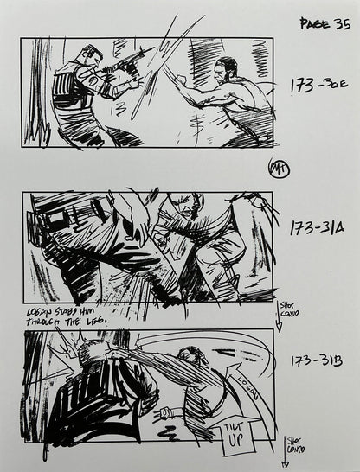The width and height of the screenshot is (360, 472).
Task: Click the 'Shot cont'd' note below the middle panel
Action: (x=288, y=310)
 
